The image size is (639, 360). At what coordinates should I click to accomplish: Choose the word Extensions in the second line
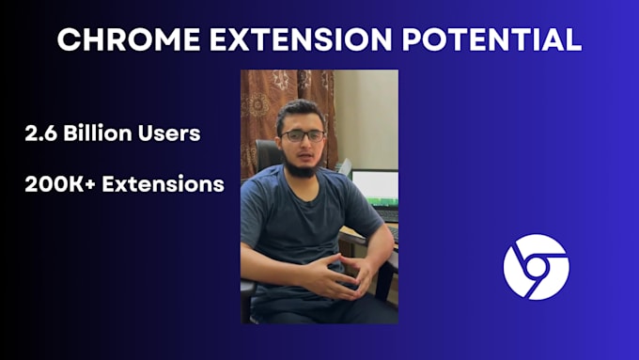(x=163, y=184)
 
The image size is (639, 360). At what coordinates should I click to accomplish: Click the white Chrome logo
(x=536, y=267)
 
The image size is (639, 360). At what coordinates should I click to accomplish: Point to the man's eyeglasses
(x=304, y=135)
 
